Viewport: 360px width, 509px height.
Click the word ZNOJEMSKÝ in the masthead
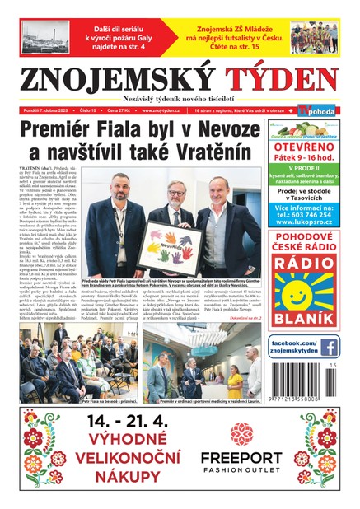120,79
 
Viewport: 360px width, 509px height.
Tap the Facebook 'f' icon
329,347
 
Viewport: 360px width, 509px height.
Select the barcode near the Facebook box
307,382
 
